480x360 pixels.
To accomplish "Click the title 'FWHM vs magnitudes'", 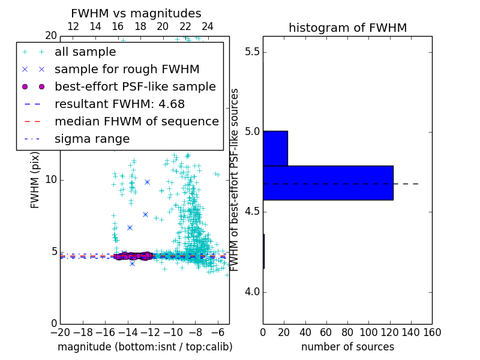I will coord(136,13).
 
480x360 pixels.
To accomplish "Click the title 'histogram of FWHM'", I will coord(347,28).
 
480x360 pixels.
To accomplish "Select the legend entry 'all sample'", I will coord(85,52).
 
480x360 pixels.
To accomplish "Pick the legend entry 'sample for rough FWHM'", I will coord(127,69).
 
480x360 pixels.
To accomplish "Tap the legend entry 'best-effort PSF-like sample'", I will coord(135,86).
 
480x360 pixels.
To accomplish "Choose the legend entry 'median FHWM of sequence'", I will coord(137,121).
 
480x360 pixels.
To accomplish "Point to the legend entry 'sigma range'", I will coord(92,139).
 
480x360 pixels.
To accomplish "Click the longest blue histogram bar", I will coord(328,182).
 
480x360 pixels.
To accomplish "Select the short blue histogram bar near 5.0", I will coord(275,148).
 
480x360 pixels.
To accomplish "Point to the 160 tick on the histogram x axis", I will coord(432,332).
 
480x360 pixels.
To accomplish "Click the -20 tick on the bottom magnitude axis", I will coord(60,332).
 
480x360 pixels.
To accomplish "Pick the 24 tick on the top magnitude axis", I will coord(208,26).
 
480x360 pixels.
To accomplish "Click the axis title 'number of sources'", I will coord(347,347).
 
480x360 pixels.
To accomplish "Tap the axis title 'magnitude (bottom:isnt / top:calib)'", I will coord(145,347).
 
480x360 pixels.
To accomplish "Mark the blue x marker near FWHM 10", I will coord(147,181).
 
